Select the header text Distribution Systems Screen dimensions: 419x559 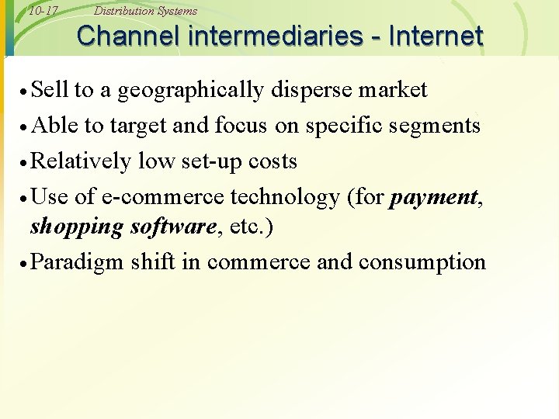145,11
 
